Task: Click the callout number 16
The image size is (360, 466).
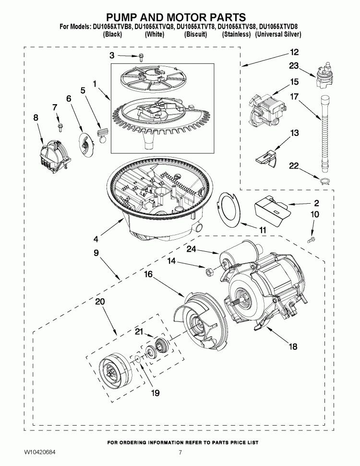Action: tap(148, 273)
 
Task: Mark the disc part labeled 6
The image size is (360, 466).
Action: tap(85, 142)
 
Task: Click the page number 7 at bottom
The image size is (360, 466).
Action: tap(180, 453)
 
